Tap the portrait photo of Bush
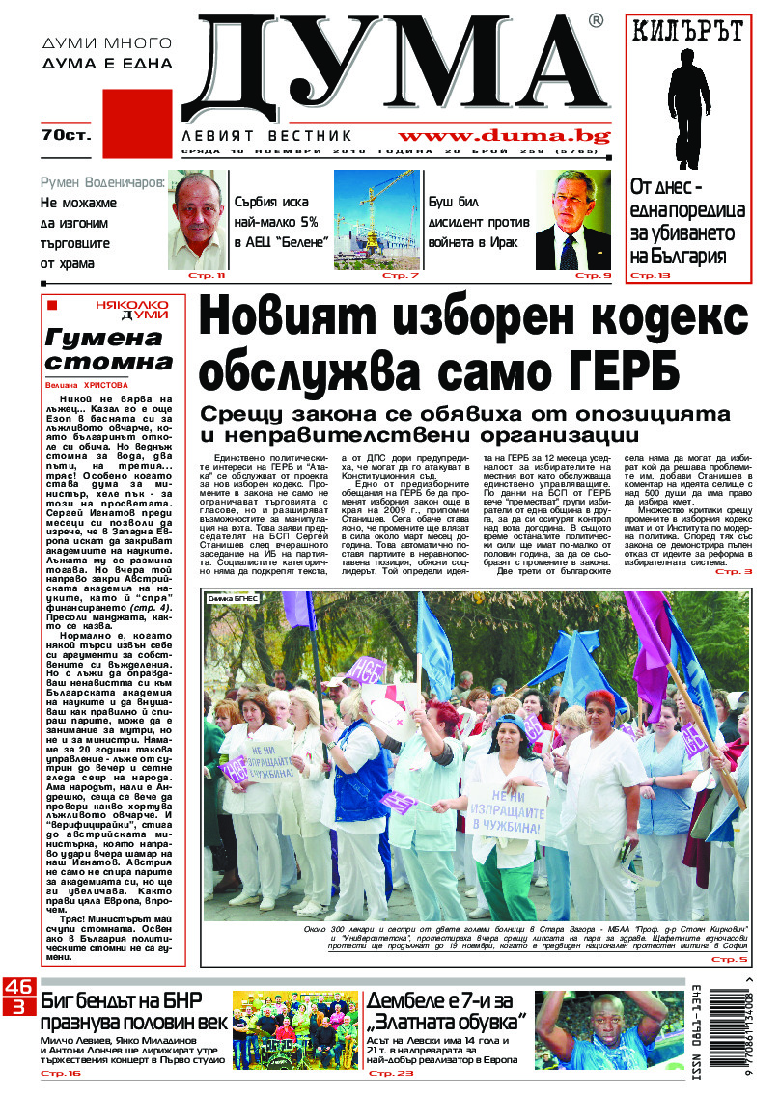(572, 220)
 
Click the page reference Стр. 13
(650, 276)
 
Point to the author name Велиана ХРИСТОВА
(86, 383)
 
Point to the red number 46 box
(17, 987)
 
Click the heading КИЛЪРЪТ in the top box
(688, 33)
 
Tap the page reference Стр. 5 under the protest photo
(730, 960)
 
